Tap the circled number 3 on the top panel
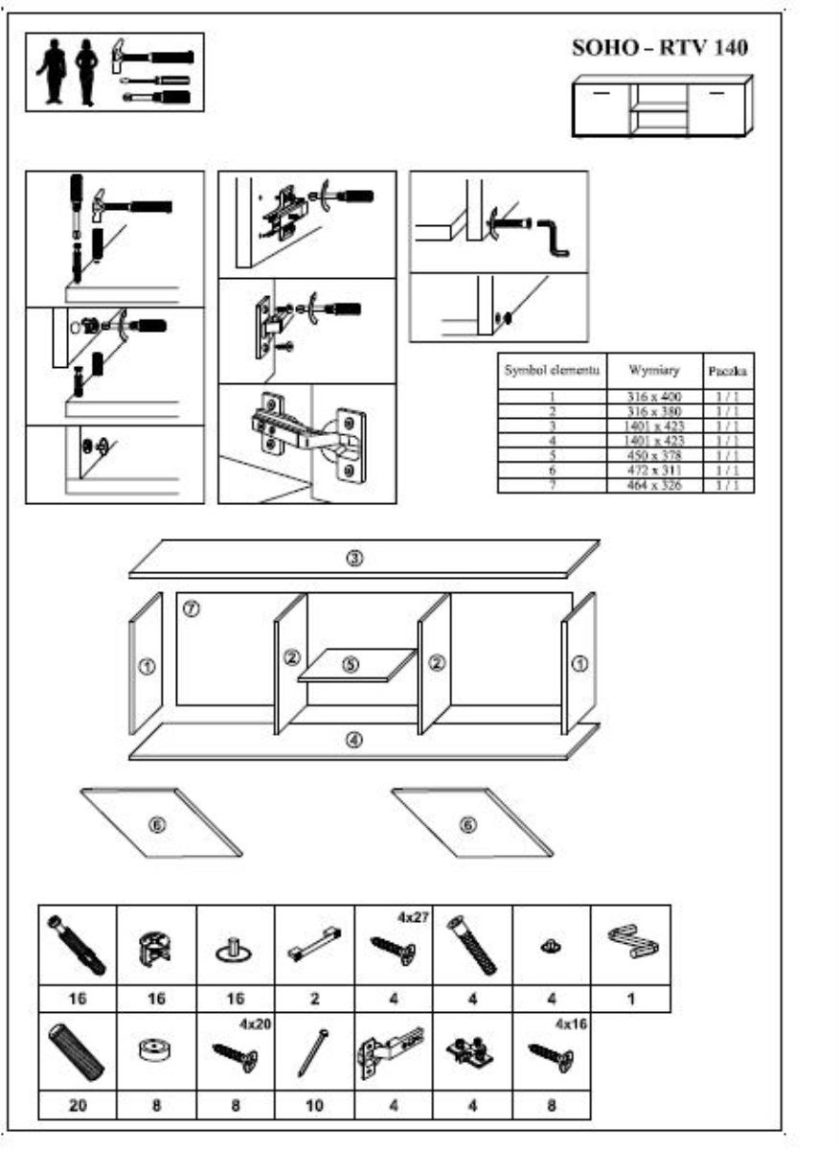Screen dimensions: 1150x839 click(353, 559)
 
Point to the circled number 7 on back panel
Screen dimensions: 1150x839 click(191, 609)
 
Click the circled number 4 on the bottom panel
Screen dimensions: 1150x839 click(353, 741)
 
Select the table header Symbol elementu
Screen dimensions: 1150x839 click(553, 369)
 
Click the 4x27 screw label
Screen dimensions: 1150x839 click(412, 916)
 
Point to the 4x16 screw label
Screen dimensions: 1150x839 click(571, 1023)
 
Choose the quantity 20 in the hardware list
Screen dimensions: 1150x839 click(78, 1105)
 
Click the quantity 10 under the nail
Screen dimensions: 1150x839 click(314, 1105)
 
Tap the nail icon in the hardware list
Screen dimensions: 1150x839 click(315, 1051)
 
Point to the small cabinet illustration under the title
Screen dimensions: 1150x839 click(661, 106)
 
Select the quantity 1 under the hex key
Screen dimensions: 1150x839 click(630, 999)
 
